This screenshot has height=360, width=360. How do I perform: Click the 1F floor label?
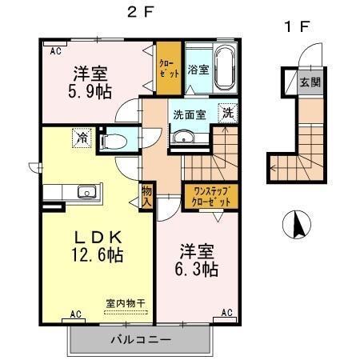click(296, 26)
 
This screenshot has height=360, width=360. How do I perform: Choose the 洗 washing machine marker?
click(228, 114)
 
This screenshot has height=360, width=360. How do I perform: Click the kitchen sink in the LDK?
click(85, 192)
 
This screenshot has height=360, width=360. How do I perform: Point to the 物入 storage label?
click(147, 197)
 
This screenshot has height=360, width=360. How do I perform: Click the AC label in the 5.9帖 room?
click(56, 50)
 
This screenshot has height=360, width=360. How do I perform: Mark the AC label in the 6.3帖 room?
click(226, 313)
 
